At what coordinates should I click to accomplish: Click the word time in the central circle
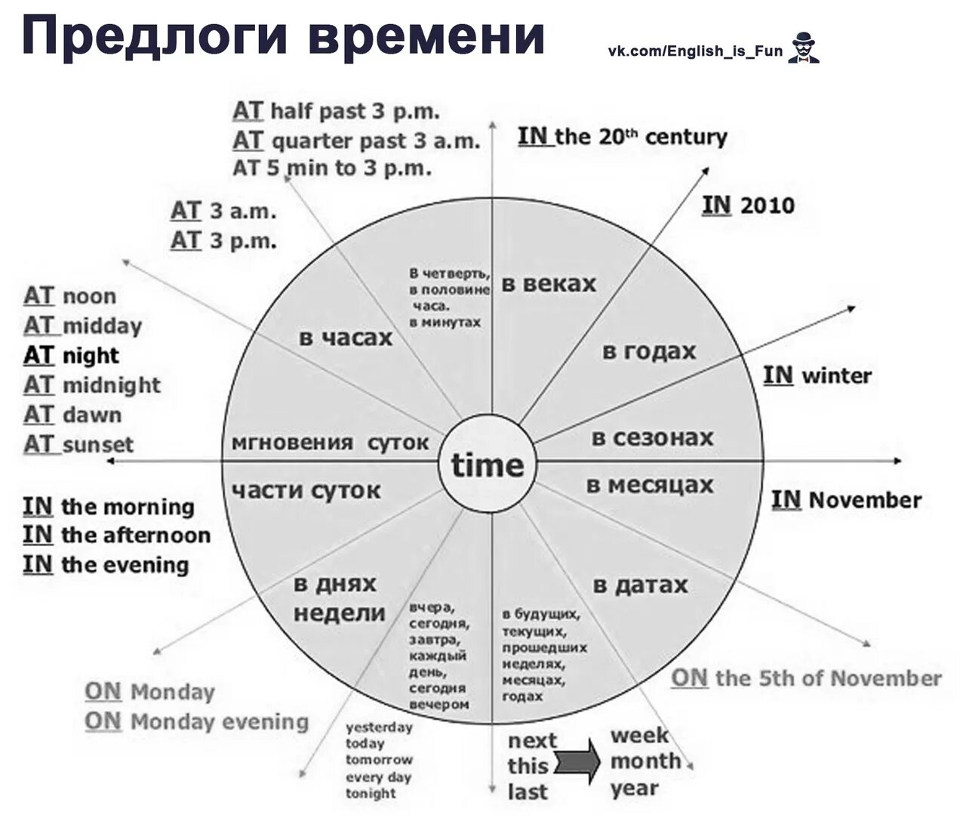tap(488, 465)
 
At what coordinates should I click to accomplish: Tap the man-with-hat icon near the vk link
tap(803, 48)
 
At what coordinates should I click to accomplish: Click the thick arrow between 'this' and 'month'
tap(577, 764)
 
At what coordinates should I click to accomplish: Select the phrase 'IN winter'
tap(817, 375)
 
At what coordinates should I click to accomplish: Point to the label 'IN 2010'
tap(748, 205)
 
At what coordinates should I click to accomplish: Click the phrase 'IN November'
tap(846, 500)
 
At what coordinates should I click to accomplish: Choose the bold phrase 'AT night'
tap(72, 355)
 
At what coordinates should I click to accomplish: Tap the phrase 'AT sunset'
tap(78, 444)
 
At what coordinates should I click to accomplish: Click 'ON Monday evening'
tap(196, 721)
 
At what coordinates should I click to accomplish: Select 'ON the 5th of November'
tap(806, 678)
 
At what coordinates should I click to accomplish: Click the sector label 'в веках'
tap(549, 284)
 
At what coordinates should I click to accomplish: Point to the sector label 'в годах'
tap(648, 351)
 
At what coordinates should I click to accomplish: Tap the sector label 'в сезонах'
tap(652, 437)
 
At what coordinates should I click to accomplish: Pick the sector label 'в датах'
tap(640, 585)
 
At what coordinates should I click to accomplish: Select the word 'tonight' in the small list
tap(371, 793)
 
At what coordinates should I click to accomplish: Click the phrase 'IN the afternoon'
tap(116, 536)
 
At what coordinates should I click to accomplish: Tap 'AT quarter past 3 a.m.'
tap(355, 140)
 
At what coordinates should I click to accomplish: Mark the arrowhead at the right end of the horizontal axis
tap(897, 461)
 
